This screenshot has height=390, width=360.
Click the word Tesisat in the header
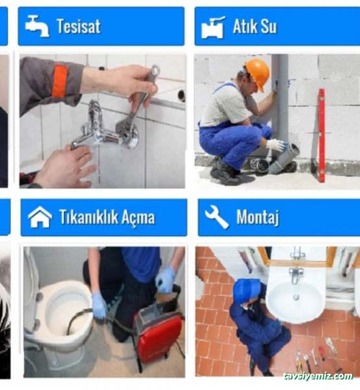(79, 27)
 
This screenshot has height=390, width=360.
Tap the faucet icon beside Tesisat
(37, 26)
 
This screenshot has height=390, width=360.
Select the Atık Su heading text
(255, 27)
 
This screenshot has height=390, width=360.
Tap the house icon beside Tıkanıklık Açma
(40, 217)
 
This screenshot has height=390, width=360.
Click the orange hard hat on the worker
(257, 73)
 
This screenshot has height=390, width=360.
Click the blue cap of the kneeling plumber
(246, 290)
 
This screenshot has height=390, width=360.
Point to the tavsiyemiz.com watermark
(318, 376)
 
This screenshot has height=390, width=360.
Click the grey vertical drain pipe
(282, 97)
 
